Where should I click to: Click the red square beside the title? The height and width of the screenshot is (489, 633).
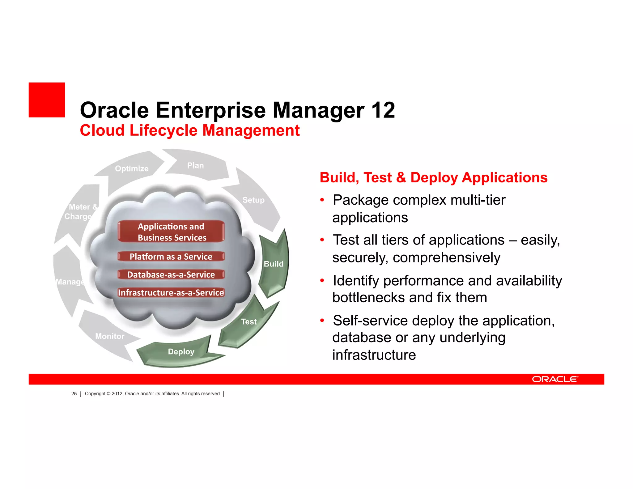(x=47, y=100)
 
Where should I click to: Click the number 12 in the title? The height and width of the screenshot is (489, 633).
(x=383, y=110)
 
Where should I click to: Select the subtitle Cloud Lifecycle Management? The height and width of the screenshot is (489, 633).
(x=189, y=130)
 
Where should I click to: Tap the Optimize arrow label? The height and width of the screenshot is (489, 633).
(x=132, y=168)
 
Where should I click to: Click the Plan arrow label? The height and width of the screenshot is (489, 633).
(x=195, y=165)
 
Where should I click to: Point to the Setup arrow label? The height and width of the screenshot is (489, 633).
(x=253, y=200)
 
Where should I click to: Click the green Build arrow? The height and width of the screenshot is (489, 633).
(x=274, y=264)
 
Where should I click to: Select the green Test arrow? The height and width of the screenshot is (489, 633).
(x=249, y=322)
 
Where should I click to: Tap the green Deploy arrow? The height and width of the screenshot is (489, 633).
(x=181, y=352)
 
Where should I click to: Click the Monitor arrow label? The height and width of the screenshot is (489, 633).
(x=110, y=336)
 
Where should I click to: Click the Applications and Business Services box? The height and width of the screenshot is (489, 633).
(x=171, y=232)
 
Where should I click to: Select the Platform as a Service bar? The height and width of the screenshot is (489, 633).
(x=171, y=257)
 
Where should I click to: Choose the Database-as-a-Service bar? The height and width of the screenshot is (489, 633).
(x=171, y=274)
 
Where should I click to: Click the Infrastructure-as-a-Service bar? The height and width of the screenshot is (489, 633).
(x=171, y=292)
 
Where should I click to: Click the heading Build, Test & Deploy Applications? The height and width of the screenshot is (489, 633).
(x=433, y=177)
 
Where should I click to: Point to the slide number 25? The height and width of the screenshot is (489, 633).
(x=74, y=393)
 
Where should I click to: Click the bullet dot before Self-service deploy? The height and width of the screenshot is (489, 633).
(x=322, y=321)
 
